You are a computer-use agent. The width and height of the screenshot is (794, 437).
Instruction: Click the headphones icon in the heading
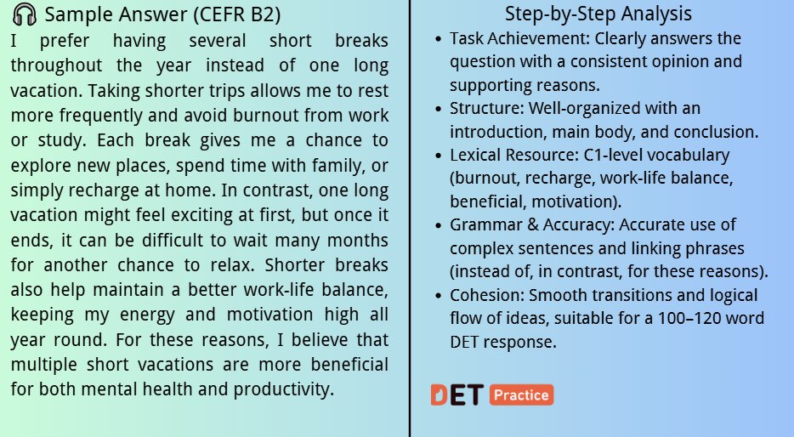(x=25, y=15)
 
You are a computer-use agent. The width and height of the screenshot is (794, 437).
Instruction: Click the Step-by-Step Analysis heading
(x=598, y=14)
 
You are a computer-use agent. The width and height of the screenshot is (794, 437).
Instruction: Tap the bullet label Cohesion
(x=485, y=295)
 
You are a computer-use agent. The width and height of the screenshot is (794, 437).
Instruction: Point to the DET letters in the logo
(x=457, y=395)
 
